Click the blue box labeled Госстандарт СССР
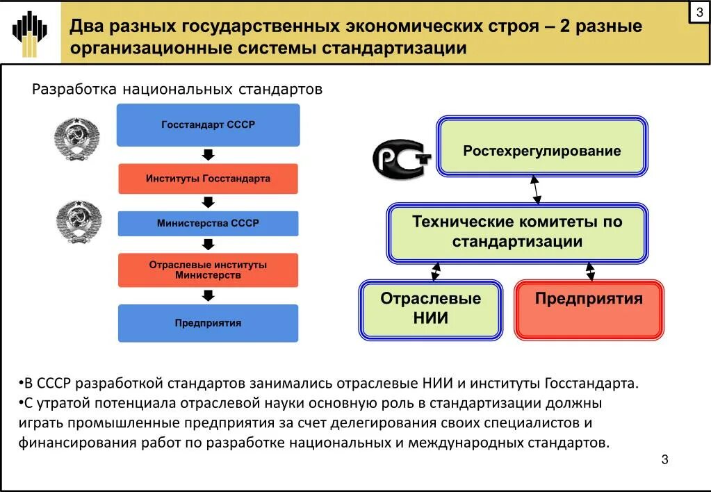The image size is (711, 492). point(208,125)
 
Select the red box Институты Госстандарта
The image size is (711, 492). point(208,179)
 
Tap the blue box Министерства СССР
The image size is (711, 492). point(208,223)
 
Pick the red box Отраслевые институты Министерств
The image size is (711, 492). point(208,270)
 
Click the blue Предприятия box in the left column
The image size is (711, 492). point(208,322)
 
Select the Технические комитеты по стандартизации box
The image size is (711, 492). point(517,233)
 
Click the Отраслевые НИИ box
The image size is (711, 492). point(431,309)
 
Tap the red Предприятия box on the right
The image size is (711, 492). point(589,309)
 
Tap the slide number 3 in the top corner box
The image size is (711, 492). point(699,13)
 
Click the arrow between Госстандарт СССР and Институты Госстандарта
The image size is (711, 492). point(208,154)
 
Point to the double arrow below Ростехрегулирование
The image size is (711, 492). point(536,188)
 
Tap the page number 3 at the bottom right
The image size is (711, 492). point(664,459)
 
